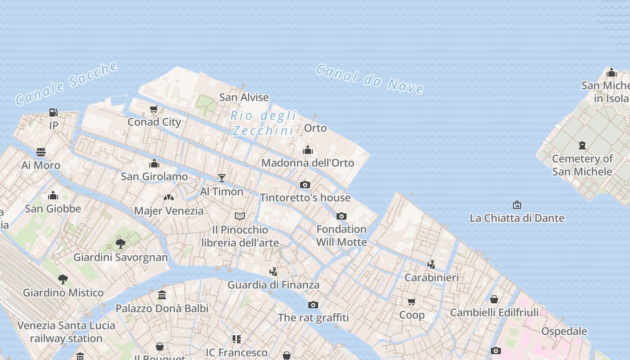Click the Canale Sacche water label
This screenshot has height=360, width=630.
pyautogui.click(x=67, y=84)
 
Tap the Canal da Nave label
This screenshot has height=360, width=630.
pyautogui.click(x=369, y=79)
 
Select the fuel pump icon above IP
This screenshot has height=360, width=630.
pyautogui.click(x=54, y=112)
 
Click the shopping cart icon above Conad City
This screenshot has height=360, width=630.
pyautogui.click(x=154, y=109)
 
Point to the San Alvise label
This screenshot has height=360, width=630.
pyautogui.click(x=244, y=97)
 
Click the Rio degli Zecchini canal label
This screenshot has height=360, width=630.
pyautogui.click(x=263, y=123)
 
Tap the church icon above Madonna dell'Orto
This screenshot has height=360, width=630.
pyautogui.click(x=308, y=150)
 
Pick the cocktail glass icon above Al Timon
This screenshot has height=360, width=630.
pyautogui.click(x=221, y=178)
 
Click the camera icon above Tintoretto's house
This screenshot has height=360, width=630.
pyautogui.click(x=305, y=184)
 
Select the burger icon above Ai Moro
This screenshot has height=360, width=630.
pyautogui.click(x=41, y=152)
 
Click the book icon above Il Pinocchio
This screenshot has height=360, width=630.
pyautogui.click(x=240, y=216)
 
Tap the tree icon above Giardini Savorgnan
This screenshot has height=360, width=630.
pyautogui.click(x=120, y=244)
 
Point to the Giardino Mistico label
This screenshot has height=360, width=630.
pyautogui.click(x=63, y=292)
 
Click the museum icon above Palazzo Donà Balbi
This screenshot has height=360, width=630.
pyautogui.click(x=162, y=295)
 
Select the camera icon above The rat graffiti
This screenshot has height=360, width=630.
pyautogui.click(x=313, y=305)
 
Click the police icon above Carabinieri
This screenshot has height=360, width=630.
pyautogui.click(x=431, y=265)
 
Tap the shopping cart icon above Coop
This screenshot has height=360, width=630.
pyautogui.click(x=412, y=301)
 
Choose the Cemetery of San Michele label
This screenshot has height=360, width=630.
pyautogui.click(x=582, y=165)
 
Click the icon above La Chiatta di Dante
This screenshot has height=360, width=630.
pyautogui.click(x=517, y=205)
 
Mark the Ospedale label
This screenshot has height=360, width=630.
pyautogui.click(x=564, y=331)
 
